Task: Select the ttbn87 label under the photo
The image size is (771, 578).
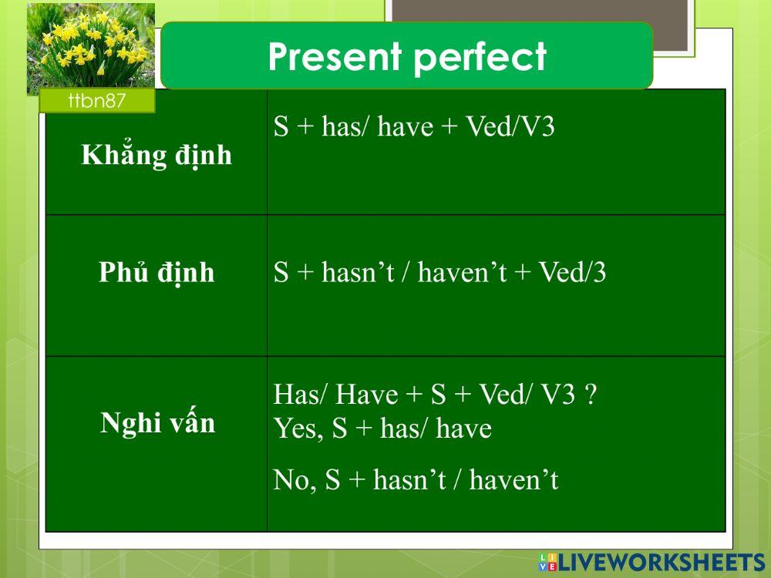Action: (96, 101)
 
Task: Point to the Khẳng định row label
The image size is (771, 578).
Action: (157, 156)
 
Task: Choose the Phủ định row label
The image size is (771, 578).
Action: (157, 274)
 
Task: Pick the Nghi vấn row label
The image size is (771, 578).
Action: (157, 424)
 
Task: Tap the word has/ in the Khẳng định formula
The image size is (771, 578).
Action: (345, 127)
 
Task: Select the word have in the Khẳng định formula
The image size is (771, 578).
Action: (406, 127)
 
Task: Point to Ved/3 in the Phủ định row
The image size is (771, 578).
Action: (571, 274)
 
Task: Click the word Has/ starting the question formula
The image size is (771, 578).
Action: (301, 395)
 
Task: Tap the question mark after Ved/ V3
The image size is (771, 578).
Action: (590, 395)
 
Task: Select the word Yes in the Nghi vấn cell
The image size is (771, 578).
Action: (296, 429)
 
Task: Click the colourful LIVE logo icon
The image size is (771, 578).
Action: (547, 562)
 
